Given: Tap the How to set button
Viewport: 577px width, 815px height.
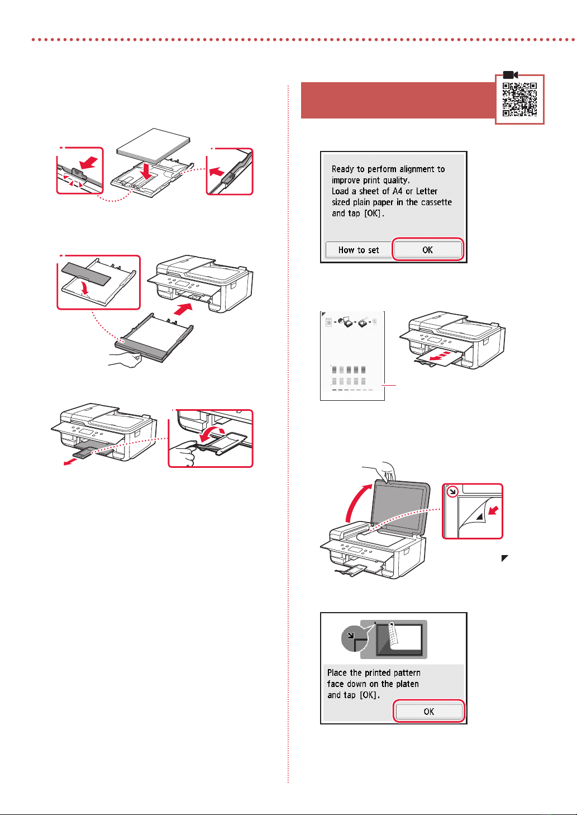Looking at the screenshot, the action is [x=359, y=250].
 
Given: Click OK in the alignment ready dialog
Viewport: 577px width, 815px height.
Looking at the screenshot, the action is [x=427, y=250].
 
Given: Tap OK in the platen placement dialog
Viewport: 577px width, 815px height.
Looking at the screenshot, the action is [x=428, y=711].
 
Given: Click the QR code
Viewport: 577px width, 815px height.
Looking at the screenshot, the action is [x=519, y=99].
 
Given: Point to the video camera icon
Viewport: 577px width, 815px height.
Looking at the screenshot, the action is [x=511, y=75].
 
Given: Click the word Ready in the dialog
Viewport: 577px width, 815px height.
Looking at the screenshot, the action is [x=343, y=169].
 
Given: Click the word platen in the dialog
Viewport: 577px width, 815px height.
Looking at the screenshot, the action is [x=407, y=684].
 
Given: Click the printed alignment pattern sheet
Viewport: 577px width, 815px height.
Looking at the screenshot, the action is [x=352, y=356].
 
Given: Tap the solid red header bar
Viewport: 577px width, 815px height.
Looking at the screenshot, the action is [x=398, y=100].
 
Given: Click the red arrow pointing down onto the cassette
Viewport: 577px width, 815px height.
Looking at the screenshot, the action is [x=146, y=171].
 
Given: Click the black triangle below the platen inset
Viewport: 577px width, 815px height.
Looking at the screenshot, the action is [x=504, y=558].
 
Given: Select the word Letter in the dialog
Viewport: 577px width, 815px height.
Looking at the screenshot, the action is [x=427, y=191].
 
